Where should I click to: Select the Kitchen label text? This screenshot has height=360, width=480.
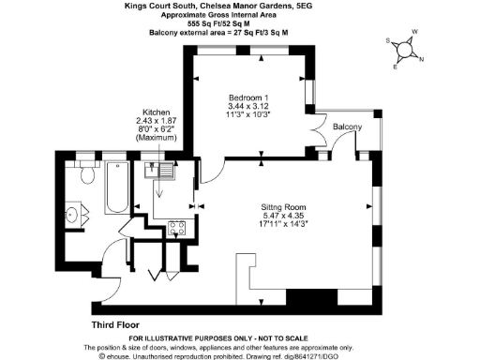[x=156, y=112]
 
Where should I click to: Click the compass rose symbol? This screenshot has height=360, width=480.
[x=405, y=52]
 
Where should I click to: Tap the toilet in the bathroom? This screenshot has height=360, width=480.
[x=87, y=174]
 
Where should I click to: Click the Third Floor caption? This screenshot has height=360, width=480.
[x=115, y=324]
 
